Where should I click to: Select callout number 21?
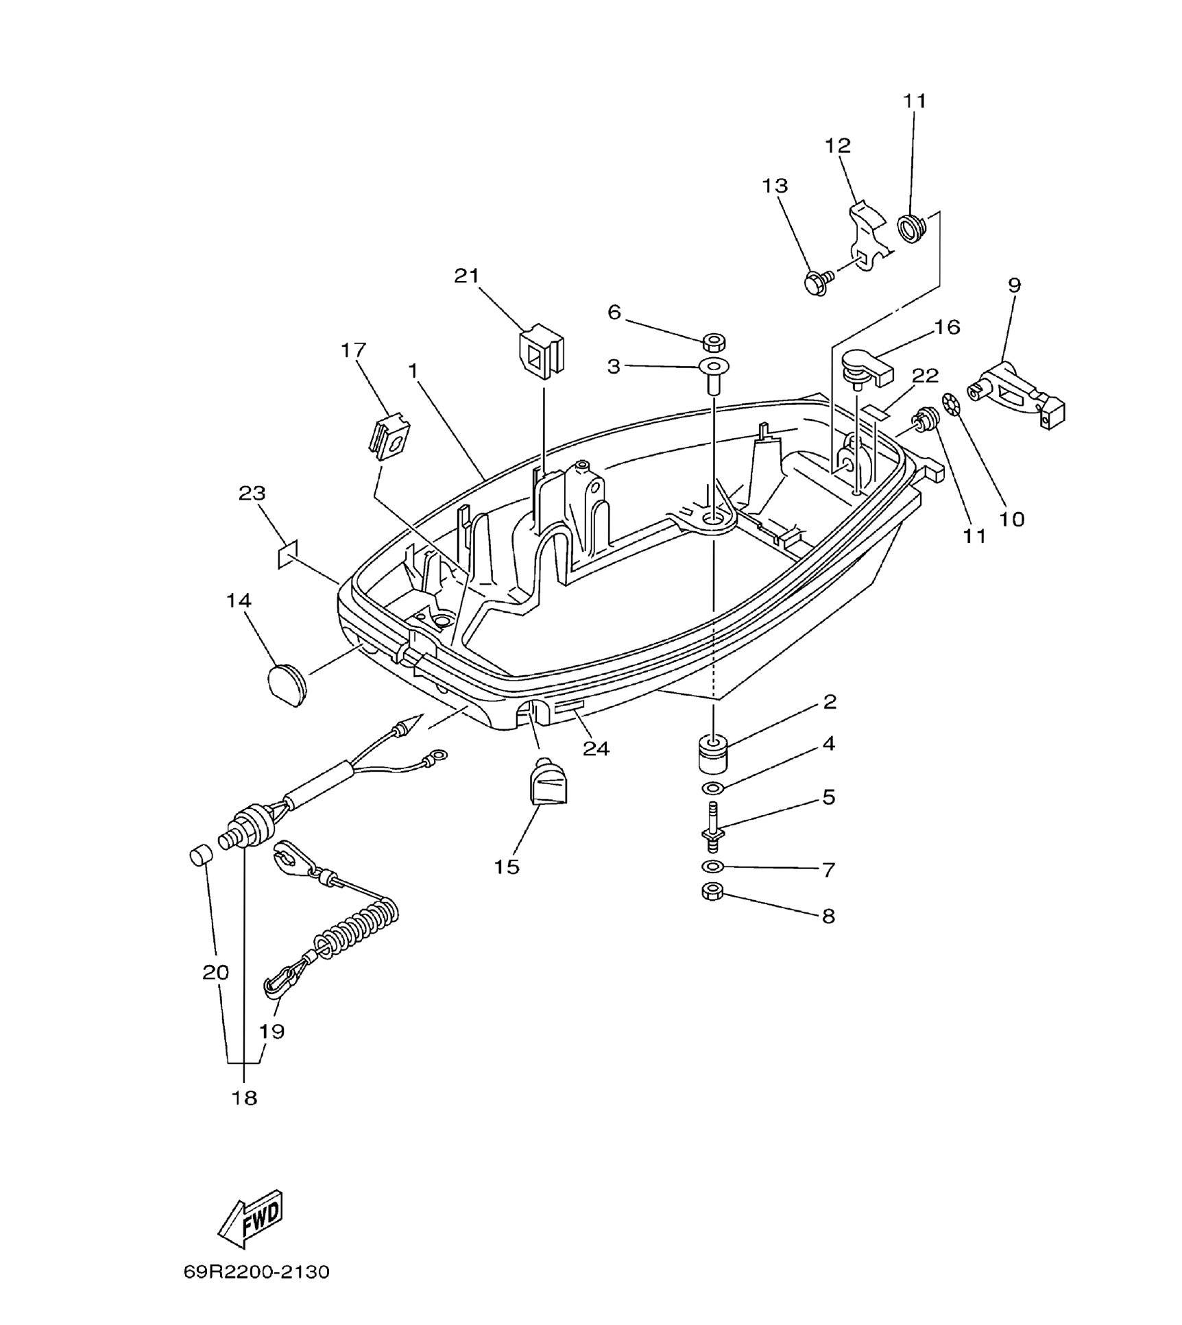click(466, 276)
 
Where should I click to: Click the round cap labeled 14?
click(286, 683)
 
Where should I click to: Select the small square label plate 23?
click(288, 555)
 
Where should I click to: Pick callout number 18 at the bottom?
click(245, 1097)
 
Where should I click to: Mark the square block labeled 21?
click(542, 351)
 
